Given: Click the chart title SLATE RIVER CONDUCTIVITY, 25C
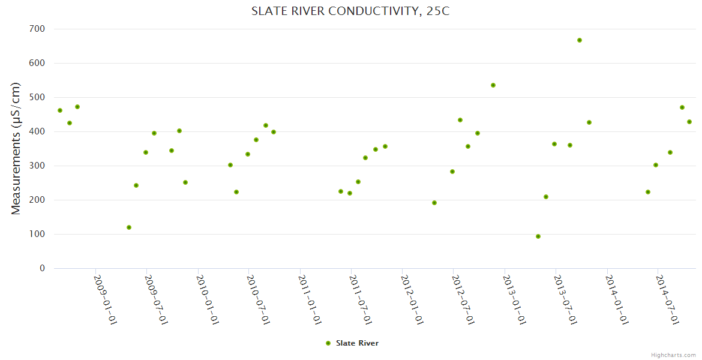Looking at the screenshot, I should point(350,11).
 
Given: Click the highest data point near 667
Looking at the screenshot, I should point(580,40).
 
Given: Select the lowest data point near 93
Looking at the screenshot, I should point(538,236).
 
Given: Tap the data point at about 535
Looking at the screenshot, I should point(493,85).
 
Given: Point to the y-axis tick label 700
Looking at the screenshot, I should point(37,29).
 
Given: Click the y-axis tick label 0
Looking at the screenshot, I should point(42,268).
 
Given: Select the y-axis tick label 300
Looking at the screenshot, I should point(37,166).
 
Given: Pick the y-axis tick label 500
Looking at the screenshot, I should point(37,97).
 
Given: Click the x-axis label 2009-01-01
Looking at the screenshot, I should point(106,299).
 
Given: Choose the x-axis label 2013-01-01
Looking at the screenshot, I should point(515,299).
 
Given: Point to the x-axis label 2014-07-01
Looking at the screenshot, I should point(668,299).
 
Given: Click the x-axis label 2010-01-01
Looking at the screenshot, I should point(208,299).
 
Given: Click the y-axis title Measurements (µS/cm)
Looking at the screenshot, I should point(16,148).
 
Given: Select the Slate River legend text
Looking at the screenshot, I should point(357,343).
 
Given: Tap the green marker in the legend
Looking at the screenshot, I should point(328,343).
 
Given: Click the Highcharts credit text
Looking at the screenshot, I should point(673,355).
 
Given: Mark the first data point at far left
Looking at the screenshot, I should point(60,110).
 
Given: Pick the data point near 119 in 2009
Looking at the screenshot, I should point(129,227).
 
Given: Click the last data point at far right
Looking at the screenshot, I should point(689,122).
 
